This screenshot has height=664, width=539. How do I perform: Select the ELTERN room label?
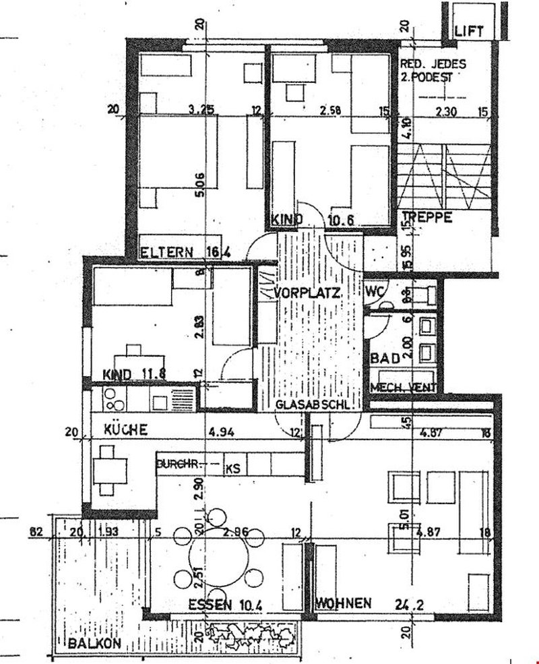164,253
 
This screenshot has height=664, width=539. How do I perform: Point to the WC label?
375,292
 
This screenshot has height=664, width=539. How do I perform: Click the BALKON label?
94,643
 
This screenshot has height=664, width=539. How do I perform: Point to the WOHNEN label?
343,603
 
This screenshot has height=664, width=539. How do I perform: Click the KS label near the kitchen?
233,466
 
